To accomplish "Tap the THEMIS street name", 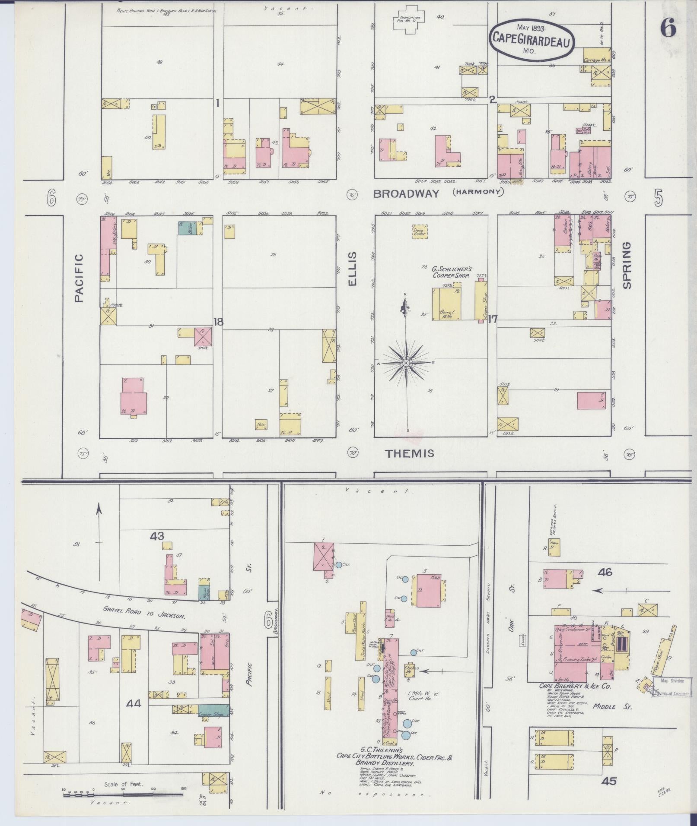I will coord(409,453).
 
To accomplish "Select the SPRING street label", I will coord(627,265).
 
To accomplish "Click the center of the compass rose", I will coord(406,364).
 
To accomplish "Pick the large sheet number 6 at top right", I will coord(668,28).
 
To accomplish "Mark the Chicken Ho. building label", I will coord(411,669).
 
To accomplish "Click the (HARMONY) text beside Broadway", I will coord(478,192).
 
